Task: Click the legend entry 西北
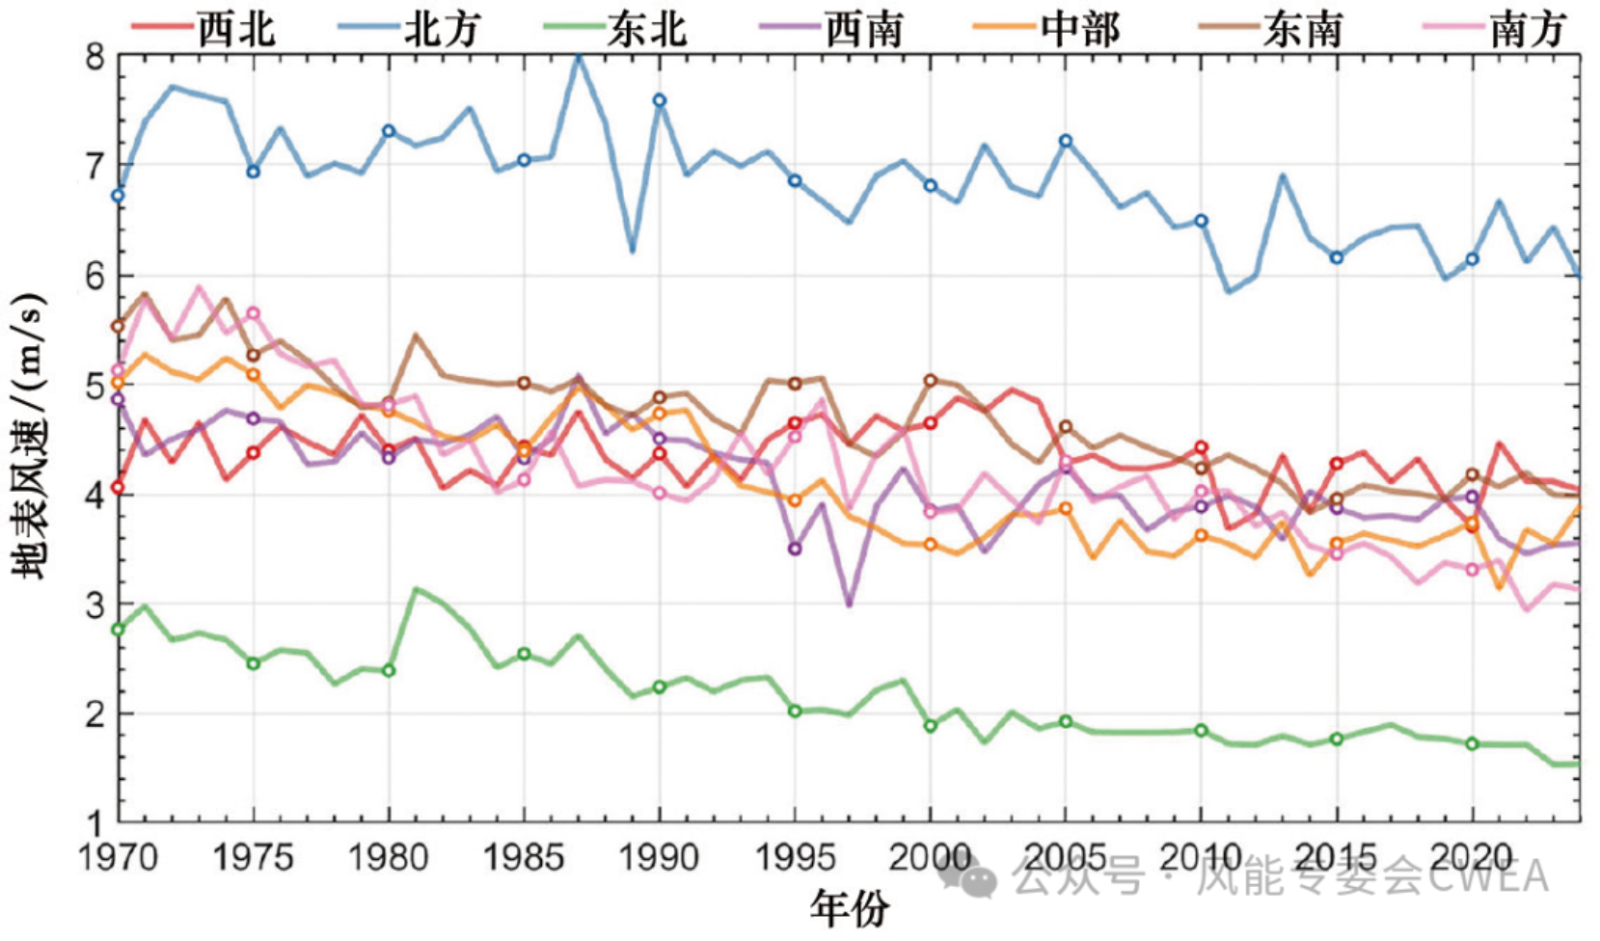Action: [x=203, y=29]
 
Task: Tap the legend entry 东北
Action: [x=615, y=29]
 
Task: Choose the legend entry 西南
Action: [x=831, y=29]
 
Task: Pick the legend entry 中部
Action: [x=1047, y=29]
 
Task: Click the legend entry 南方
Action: [x=1495, y=29]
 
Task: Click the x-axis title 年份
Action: [x=850, y=909]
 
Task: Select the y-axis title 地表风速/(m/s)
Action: [x=29, y=436]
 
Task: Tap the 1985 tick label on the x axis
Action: [x=525, y=857]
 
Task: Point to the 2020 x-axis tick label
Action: [x=1472, y=857]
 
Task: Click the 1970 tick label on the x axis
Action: [x=118, y=857]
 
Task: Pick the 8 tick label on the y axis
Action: [x=95, y=57]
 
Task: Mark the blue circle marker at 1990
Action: [x=660, y=100]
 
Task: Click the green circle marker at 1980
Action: [x=390, y=670]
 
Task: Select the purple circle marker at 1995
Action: [x=795, y=549]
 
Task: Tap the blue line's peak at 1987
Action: [x=579, y=57]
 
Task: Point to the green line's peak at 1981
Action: [x=417, y=590]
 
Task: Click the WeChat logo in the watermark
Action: [x=968, y=877]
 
